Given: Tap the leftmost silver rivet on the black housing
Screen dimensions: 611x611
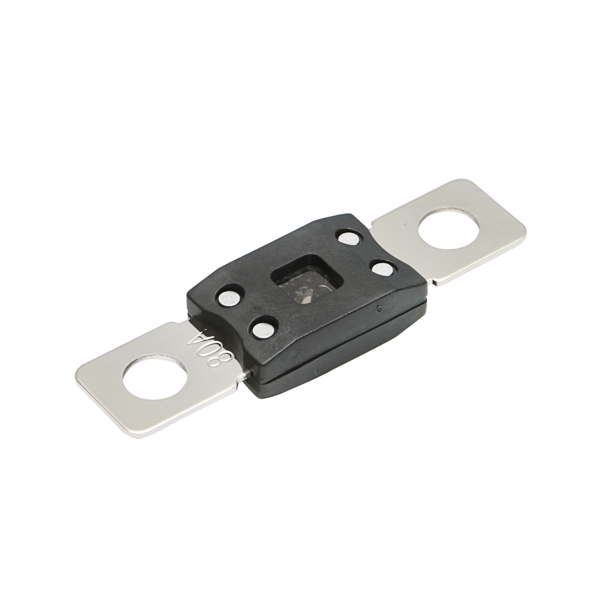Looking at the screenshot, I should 227,297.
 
